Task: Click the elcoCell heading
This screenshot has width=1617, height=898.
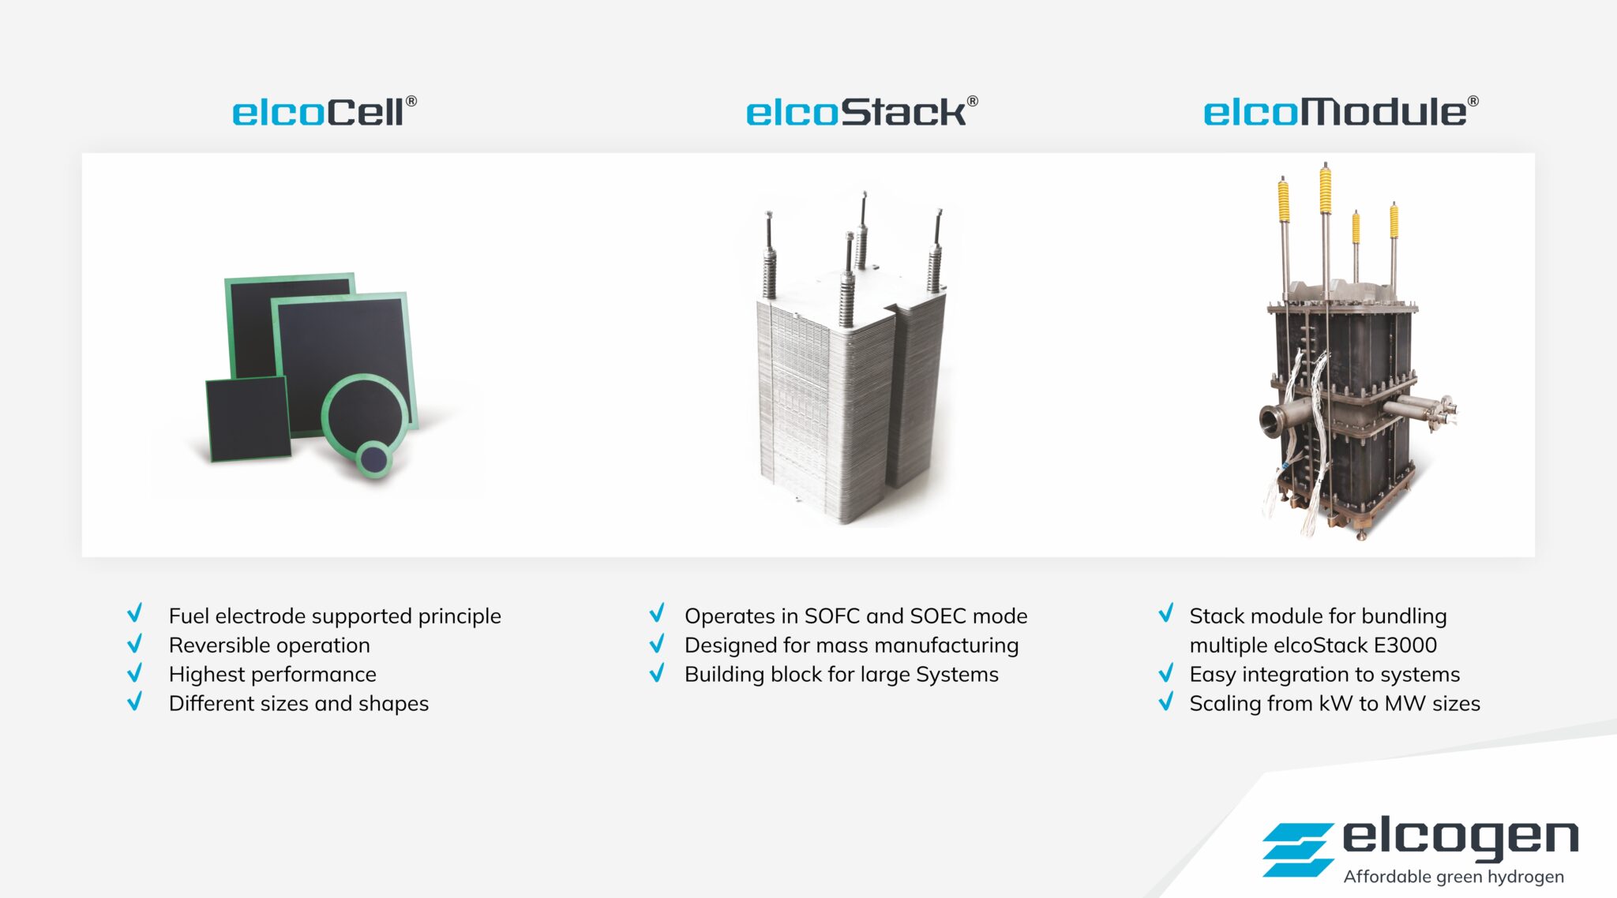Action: pos(324,112)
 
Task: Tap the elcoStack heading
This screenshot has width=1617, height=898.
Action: pos(861,112)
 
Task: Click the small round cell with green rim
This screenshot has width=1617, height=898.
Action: pos(373,458)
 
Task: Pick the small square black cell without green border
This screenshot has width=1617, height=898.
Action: pos(248,418)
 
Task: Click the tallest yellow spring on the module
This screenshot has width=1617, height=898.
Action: pos(1325,189)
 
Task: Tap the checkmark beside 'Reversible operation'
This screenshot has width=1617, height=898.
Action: pos(135,644)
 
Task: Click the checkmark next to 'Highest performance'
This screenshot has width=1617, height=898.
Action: pos(135,673)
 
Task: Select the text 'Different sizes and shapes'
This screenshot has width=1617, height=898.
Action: pos(298,703)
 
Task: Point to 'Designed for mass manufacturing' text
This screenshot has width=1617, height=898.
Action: pos(851,645)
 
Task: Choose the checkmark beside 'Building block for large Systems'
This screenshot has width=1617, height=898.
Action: pos(657,673)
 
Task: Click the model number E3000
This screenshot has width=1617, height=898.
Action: pos(1405,645)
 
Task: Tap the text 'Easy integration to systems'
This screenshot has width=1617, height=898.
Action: pos(1324,674)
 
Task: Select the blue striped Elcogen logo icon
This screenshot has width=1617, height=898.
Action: pos(1297,849)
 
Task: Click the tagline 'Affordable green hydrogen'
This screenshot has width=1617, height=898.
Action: pos(1453,877)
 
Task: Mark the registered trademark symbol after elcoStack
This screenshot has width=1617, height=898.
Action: pos(973,101)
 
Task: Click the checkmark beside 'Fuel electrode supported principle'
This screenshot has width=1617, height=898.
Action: pos(135,614)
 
